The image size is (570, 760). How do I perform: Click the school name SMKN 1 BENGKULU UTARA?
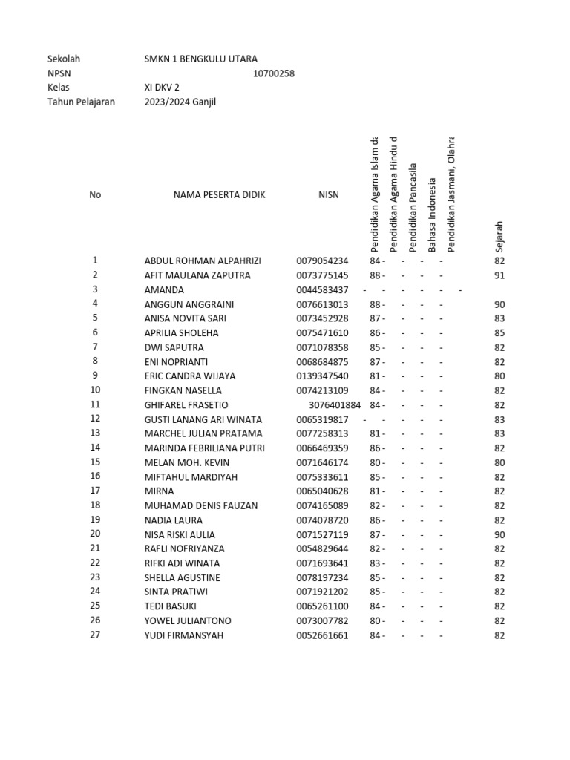point(201,59)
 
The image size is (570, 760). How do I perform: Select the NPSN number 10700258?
point(274,73)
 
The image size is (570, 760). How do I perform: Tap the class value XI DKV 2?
point(162,87)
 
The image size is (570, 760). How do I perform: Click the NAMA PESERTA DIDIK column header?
point(219,195)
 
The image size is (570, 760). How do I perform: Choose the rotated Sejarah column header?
point(499,237)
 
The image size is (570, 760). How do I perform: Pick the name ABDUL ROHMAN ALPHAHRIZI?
point(203,261)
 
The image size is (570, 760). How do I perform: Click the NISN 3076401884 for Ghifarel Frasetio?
point(335,405)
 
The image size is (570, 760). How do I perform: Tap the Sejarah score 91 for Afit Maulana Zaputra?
point(499,275)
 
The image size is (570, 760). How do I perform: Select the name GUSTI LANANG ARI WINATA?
point(203,419)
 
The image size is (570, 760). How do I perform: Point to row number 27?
point(95,635)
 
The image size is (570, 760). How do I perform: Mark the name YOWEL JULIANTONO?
point(188,620)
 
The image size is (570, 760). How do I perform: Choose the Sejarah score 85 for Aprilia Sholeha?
point(499,333)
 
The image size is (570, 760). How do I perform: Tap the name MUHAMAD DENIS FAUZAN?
point(201,505)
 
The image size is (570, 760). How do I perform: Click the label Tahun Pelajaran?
point(81,102)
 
